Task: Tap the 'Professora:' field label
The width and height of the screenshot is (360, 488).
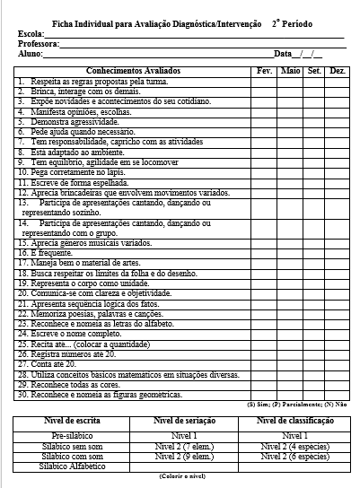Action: coord(37,43)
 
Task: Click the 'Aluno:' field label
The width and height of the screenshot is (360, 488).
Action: coord(30,54)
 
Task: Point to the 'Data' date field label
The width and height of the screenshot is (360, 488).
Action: coord(284,54)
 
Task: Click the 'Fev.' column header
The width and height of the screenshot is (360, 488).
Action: coord(264,69)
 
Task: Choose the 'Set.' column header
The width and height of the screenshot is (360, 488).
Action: coord(314,69)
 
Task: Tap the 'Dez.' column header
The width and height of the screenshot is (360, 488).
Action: coord(338,69)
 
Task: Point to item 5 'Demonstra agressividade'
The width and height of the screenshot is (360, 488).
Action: coord(71,119)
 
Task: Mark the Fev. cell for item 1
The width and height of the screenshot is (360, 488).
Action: coord(264,80)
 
